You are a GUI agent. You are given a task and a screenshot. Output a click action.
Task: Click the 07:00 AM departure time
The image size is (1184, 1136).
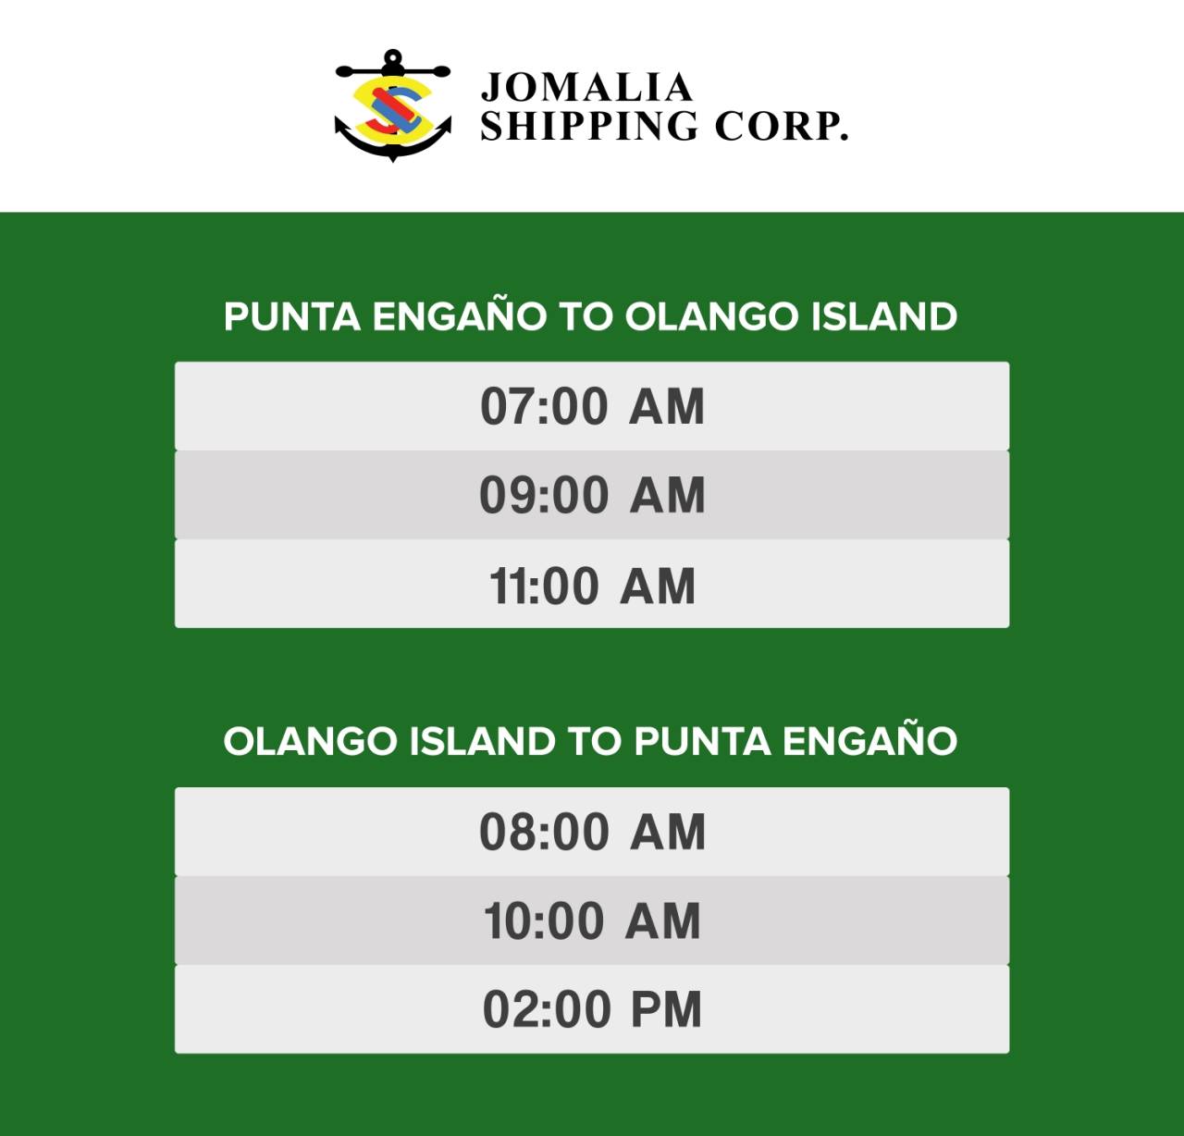coord(592,406)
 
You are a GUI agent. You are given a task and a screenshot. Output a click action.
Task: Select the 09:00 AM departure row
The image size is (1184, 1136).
coord(592,495)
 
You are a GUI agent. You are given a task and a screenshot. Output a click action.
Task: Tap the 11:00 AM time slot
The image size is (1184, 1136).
coord(592,584)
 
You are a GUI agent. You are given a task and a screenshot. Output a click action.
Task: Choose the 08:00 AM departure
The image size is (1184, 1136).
coord(592,832)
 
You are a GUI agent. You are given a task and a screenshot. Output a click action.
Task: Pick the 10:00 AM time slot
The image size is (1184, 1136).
coord(592,920)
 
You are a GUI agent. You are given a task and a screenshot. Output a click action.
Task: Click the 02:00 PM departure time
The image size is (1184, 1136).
coord(592,1009)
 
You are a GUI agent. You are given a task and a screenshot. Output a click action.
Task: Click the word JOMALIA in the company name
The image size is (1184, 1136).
coord(586,87)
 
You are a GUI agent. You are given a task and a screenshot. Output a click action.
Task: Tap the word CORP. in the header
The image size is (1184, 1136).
coord(782,126)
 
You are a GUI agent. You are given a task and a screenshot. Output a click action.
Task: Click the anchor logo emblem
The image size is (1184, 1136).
coord(393,105)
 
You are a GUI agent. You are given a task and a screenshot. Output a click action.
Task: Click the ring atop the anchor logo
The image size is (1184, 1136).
coord(393,57)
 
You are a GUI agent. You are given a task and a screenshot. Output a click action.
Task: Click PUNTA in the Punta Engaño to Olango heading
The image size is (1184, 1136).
coord(292,317)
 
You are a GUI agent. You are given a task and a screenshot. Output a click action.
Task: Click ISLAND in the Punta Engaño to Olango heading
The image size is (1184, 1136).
coord(884,317)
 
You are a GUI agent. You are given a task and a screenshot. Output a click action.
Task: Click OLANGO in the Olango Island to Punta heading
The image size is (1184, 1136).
coord(310,742)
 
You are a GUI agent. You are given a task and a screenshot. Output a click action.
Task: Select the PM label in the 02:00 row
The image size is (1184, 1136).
coord(666,1010)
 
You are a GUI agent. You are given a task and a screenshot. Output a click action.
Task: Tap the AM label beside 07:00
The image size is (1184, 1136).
coord(667,406)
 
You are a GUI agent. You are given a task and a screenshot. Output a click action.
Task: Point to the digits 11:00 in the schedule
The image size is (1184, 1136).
coord(544,587)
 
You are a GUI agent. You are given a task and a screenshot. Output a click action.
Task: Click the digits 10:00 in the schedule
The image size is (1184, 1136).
coord(544,921)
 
